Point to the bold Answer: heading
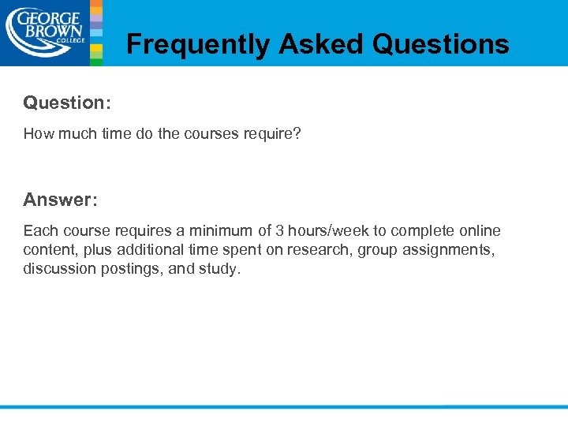coord(60,200)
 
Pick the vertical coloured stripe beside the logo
coord(96,32)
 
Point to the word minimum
coord(221,231)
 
